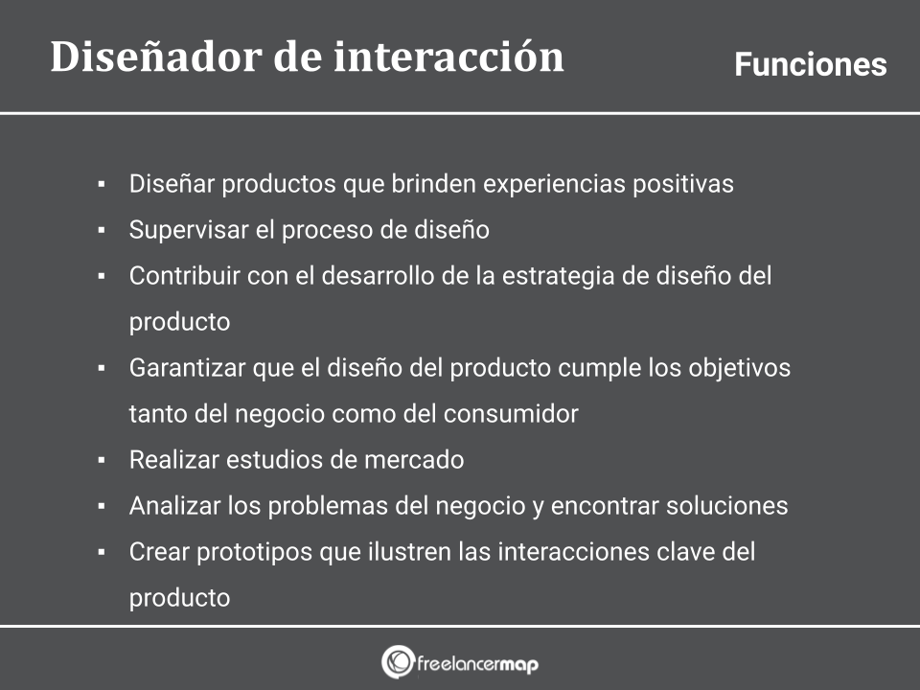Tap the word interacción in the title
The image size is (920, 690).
pos(448,57)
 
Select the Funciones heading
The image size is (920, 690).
pos(811,64)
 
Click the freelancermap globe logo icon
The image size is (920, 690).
pos(398,662)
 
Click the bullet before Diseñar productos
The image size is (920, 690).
pos(102,184)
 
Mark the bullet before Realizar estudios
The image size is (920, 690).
pos(102,460)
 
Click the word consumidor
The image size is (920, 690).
pos(511,414)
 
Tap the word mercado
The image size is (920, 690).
pos(414,459)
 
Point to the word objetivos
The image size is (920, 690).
pos(739,368)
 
